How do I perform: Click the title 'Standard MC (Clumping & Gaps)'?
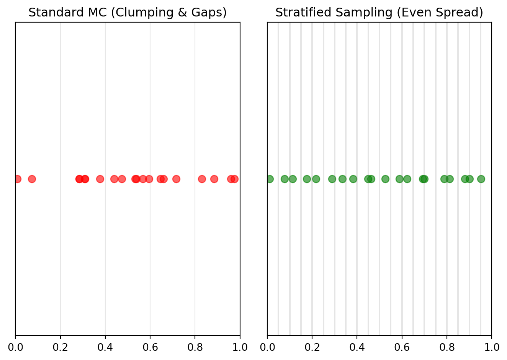(128, 13)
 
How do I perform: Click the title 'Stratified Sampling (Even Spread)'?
(379, 13)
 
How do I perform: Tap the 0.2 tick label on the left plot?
(60, 347)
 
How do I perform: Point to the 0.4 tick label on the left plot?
(105, 347)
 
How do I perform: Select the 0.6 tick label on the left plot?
(150, 347)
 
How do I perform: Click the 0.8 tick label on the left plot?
(195, 347)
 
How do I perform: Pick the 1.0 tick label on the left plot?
(240, 347)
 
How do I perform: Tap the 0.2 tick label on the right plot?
(312, 347)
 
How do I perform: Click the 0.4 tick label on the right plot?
(357, 347)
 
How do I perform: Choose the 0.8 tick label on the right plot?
(447, 347)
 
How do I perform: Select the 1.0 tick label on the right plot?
(492, 347)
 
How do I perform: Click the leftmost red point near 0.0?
(17, 179)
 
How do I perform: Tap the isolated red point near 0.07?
(32, 179)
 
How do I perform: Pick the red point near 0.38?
(100, 179)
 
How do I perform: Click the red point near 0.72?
(176, 179)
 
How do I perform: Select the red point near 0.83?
(202, 179)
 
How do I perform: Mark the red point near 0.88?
(214, 179)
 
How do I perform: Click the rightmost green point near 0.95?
(481, 179)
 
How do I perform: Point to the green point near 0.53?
(385, 179)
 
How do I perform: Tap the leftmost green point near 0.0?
(270, 179)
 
